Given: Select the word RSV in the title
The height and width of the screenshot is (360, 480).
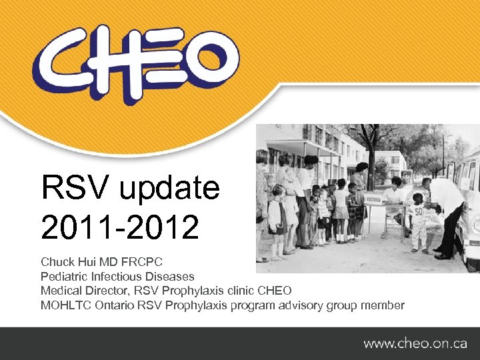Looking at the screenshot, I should click(73, 189).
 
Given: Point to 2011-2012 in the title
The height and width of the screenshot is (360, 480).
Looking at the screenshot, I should click(120, 228).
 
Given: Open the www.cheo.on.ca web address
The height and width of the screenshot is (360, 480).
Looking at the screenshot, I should click(415, 343).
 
